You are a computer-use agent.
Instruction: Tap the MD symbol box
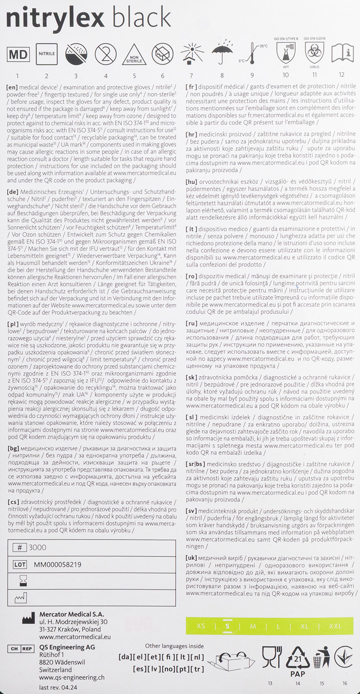[18, 54]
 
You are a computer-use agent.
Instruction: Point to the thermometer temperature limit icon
[251, 54]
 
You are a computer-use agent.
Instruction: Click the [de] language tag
[13, 192]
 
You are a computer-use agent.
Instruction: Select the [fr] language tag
[191, 86]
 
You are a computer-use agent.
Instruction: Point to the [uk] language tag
[191, 557]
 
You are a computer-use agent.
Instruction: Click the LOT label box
[20, 564]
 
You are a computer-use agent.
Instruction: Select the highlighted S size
[227, 626]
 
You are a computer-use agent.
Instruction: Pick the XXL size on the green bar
[335, 626]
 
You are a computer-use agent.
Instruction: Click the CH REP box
[20, 649]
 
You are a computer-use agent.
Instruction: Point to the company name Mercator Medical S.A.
[72, 614]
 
